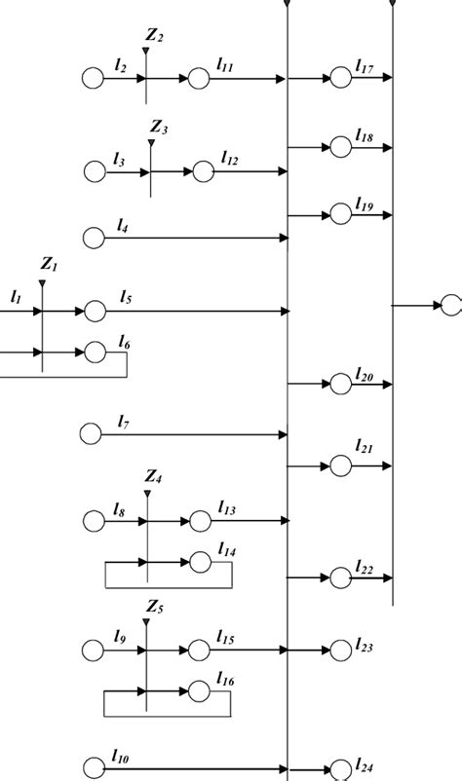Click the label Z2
pyautogui.click(x=154, y=37)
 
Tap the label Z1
pyautogui.click(x=50, y=264)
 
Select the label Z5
pyautogui.click(x=154, y=609)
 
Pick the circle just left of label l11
pyautogui.click(x=199, y=78)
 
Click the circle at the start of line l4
pyautogui.click(x=94, y=237)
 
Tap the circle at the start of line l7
pyautogui.click(x=92, y=434)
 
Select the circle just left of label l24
pyautogui.click(x=340, y=769)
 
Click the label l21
pyautogui.click(x=365, y=446)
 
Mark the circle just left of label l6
pyautogui.click(x=95, y=352)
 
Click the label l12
pyautogui.click(x=230, y=158)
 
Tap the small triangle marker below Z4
pyautogui.click(x=146, y=494)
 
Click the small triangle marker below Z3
pyautogui.click(x=151, y=143)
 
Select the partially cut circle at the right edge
pyautogui.click(x=452, y=306)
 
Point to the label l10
pyautogui.click(x=122, y=756)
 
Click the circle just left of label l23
pyautogui.click(x=340, y=650)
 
